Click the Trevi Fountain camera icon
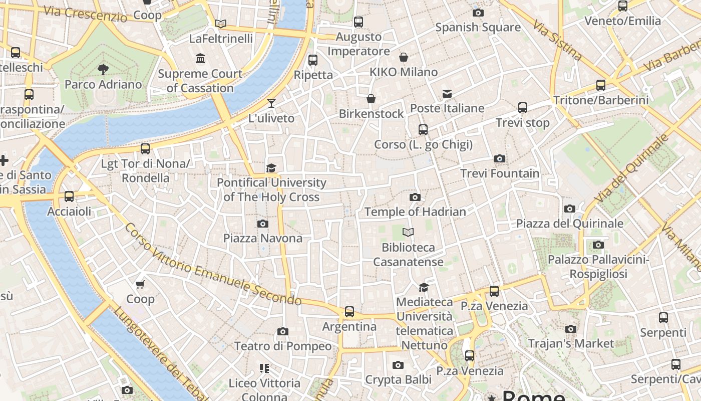tap(499, 159)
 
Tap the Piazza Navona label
tap(263, 238)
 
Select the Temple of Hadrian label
tap(415, 212)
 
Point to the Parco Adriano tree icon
tap(103, 69)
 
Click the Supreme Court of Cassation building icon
tap(201, 59)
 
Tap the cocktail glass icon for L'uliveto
tap(271, 103)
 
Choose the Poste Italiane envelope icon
tap(447, 94)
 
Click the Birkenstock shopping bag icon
tap(371, 99)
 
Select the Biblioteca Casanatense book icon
tap(409, 232)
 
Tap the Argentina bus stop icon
tap(349, 312)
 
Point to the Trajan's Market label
tap(571, 343)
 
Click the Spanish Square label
tap(478, 27)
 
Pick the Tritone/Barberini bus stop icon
tap(601, 85)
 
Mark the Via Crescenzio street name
tap(86, 14)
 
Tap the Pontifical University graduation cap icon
tap(271, 168)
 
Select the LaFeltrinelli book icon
tap(221, 24)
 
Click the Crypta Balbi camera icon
tap(398, 365)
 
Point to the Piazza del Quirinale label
tap(570, 224)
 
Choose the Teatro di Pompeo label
tap(283, 346)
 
